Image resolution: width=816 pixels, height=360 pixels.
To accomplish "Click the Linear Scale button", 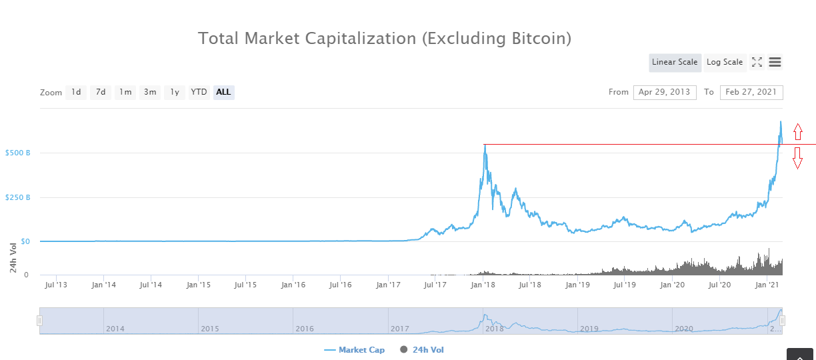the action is pyautogui.click(x=675, y=62).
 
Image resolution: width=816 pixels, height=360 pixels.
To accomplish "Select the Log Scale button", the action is pyautogui.click(x=725, y=62).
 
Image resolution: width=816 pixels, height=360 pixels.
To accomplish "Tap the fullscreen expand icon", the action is pyautogui.click(x=757, y=62).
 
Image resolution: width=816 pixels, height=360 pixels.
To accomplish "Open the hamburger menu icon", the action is pyautogui.click(x=775, y=62).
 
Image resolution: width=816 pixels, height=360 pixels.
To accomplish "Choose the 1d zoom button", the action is pyautogui.click(x=76, y=92).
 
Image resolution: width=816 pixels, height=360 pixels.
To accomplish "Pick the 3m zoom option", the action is pyautogui.click(x=150, y=92).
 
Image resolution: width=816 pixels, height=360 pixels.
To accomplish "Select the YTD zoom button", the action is pyautogui.click(x=199, y=92).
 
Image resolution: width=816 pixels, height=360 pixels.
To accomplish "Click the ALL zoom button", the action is pyautogui.click(x=224, y=92).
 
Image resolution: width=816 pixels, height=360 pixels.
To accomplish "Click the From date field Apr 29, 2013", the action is pyautogui.click(x=665, y=92).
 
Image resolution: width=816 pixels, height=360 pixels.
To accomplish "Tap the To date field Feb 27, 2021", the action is pyautogui.click(x=751, y=92).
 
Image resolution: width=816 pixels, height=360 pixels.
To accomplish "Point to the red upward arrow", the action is pyautogui.click(x=798, y=132).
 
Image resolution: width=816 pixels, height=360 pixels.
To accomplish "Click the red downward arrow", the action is pyautogui.click(x=798, y=158).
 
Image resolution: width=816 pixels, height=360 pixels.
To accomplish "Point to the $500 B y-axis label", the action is pyautogui.click(x=17, y=153).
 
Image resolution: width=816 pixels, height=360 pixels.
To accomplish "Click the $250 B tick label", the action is pyautogui.click(x=17, y=197).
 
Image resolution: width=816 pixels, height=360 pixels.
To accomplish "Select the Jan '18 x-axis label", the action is pyautogui.click(x=483, y=285).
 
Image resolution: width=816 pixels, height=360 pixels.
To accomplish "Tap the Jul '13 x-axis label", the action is pyautogui.click(x=56, y=285).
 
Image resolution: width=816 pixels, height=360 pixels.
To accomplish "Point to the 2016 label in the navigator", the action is pyautogui.click(x=305, y=329).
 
